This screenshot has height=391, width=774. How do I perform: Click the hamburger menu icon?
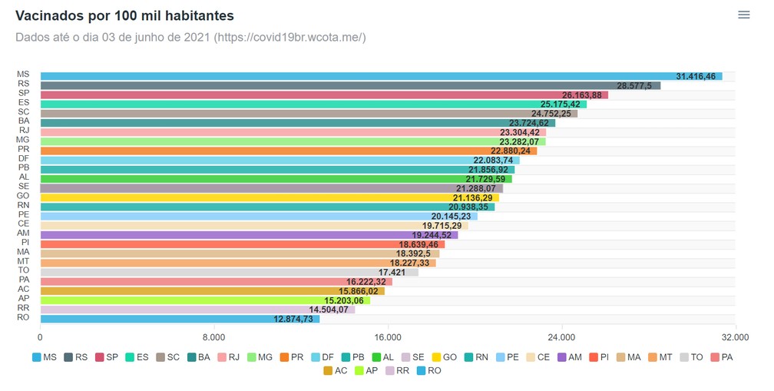(743, 15)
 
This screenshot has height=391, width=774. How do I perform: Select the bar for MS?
(381, 76)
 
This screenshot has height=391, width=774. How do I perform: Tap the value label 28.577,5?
(633, 86)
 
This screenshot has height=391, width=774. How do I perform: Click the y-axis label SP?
(24, 93)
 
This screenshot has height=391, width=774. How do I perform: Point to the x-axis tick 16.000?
(388, 338)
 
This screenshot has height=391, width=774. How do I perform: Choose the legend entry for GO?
(444, 357)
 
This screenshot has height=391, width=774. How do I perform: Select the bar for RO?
(180, 319)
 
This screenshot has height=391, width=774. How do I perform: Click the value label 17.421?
(392, 273)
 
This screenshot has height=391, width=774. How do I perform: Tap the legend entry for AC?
(335, 370)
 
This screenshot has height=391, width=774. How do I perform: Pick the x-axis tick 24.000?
(561, 338)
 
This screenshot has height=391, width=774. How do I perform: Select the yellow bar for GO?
(270, 198)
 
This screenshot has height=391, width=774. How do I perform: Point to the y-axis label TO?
(24, 270)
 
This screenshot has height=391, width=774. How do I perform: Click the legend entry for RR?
(398, 370)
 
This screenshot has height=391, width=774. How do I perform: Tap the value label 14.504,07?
(329, 310)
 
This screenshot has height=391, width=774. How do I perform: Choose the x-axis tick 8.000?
(213, 338)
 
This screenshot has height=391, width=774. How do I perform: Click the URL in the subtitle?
(289, 38)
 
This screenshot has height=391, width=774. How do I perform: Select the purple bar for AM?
(249, 235)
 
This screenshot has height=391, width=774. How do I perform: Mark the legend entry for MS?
(44, 357)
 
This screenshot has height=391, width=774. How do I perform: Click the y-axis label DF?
(24, 159)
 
